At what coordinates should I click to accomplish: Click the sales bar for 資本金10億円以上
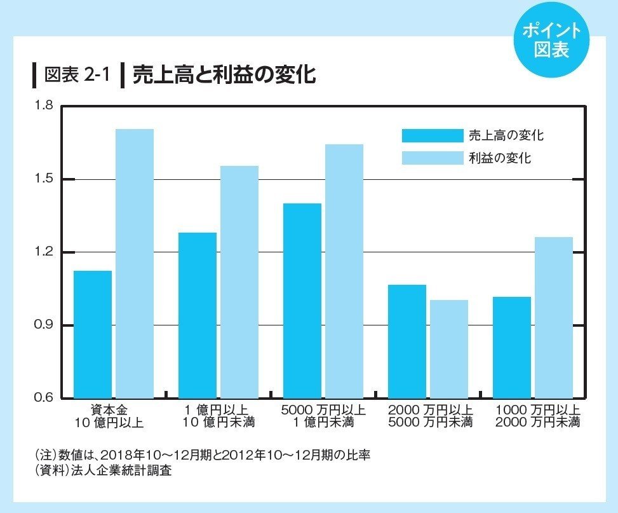click(93, 334)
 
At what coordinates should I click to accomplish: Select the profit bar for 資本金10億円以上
click(135, 264)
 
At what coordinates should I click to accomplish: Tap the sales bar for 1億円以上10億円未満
click(198, 315)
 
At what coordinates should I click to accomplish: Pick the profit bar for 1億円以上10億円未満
click(239, 282)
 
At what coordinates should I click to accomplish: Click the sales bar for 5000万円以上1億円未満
click(302, 301)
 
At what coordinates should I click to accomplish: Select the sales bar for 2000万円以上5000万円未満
click(407, 341)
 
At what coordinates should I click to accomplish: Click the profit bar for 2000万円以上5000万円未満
click(449, 349)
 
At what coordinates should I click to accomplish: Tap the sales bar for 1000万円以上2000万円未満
click(512, 347)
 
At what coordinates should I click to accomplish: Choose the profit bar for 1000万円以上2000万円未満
click(554, 318)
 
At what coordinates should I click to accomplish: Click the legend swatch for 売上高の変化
click(433, 135)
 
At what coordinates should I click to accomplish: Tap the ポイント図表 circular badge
click(551, 39)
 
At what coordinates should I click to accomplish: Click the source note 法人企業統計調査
click(133, 471)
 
